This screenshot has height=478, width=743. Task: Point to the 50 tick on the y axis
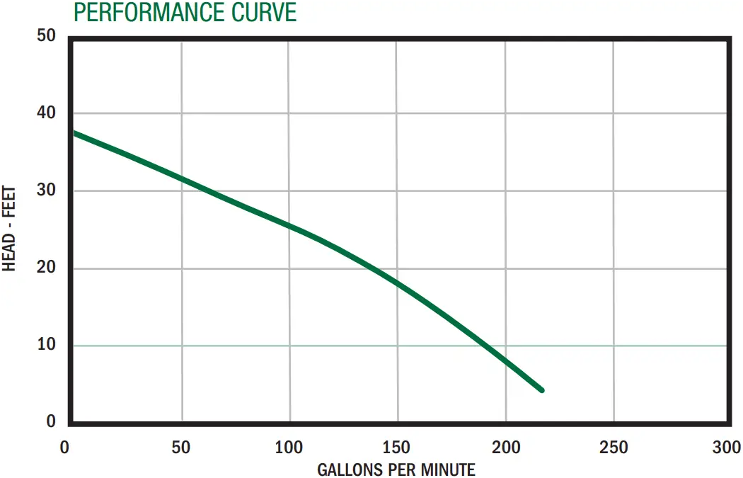pyautogui.click(x=47, y=35)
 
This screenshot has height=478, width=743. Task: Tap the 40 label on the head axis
pyautogui.click(x=47, y=113)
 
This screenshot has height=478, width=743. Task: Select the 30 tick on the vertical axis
pyautogui.click(x=47, y=191)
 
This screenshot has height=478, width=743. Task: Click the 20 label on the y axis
pyautogui.click(x=47, y=268)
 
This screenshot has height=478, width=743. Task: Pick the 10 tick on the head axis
pyautogui.click(x=47, y=346)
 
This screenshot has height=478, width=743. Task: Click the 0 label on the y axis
pyautogui.click(x=51, y=422)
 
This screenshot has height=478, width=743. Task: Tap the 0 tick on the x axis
pyautogui.click(x=65, y=448)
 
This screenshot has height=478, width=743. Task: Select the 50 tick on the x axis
pyautogui.click(x=181, y=448)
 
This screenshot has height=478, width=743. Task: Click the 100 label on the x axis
pyautogui.click(x=289, y=448)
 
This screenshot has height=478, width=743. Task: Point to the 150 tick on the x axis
pyautogui.click(x=396, y=448)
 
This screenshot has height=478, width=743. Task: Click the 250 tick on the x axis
pyautogui.click(x=613, y=448)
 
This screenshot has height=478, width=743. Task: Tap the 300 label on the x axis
pyautogui.click(x=726, y=448)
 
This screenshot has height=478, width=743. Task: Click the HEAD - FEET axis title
pyautogui.click(x=10, y=229)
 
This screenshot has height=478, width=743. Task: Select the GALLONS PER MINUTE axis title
pyautogui.click(x=396, y=470)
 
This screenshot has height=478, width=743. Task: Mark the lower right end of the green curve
pyautogui.click(x=542, y=390)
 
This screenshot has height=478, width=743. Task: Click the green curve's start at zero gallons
pyautogui.click(x=74, y=132)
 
